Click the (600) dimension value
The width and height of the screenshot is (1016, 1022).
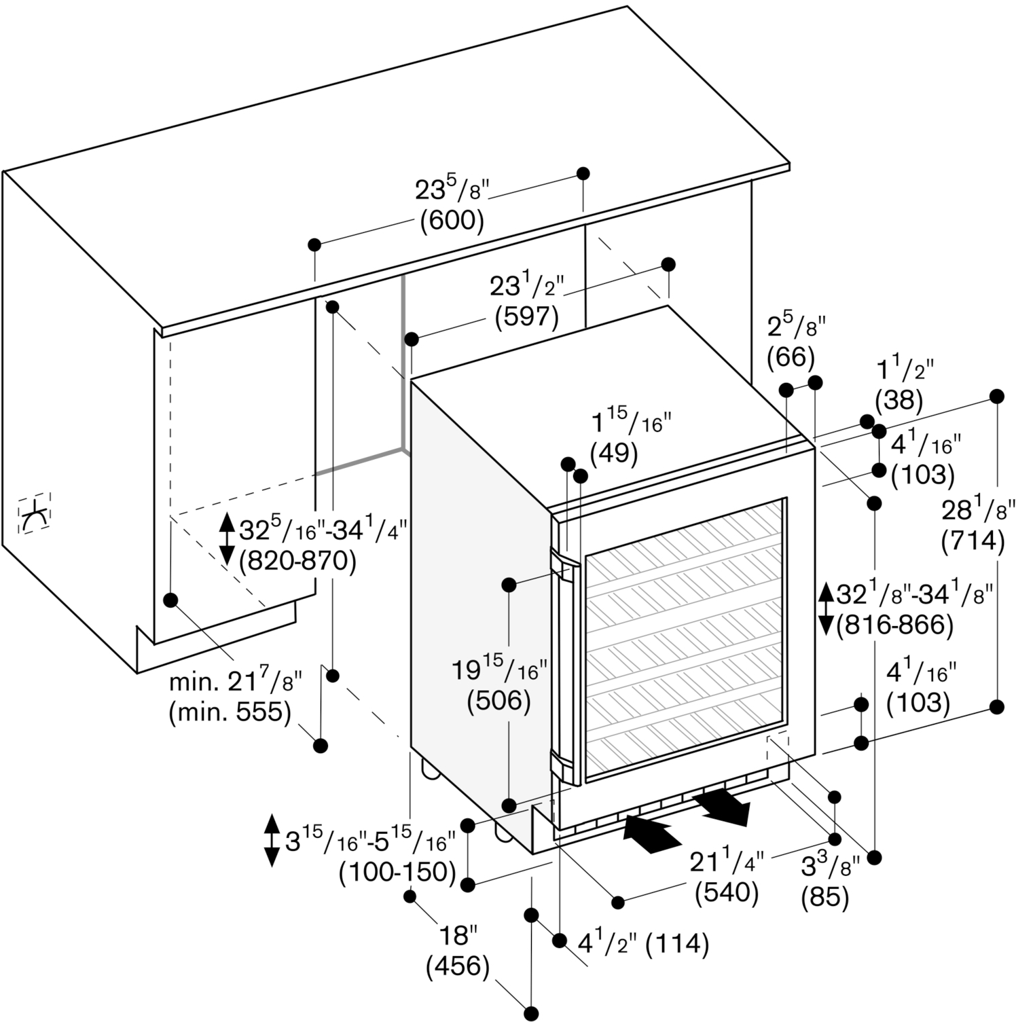[x=452, y=221]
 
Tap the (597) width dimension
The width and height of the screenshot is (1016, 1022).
[x=526, y=316]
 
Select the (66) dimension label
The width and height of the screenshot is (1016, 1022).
[x=791, y=357]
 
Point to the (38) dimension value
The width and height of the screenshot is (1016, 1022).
[x=899, y=399]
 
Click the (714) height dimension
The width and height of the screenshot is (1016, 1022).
[x=973, y=541]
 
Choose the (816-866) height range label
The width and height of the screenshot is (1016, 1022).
[x=894, y=625]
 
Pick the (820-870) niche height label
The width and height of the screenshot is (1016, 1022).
[x=297, y=562]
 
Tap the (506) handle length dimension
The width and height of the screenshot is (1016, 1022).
[x=498, y=701]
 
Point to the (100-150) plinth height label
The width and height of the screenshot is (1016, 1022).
[x=397, y=871]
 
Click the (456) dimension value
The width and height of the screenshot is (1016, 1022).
[x=458, y=967]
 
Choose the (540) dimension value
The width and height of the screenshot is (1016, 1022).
[x=727, y=892]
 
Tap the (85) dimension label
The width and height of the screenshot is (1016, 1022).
[x=825, y=897]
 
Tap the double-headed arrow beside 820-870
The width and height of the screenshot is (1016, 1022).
[x=228, y=540]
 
